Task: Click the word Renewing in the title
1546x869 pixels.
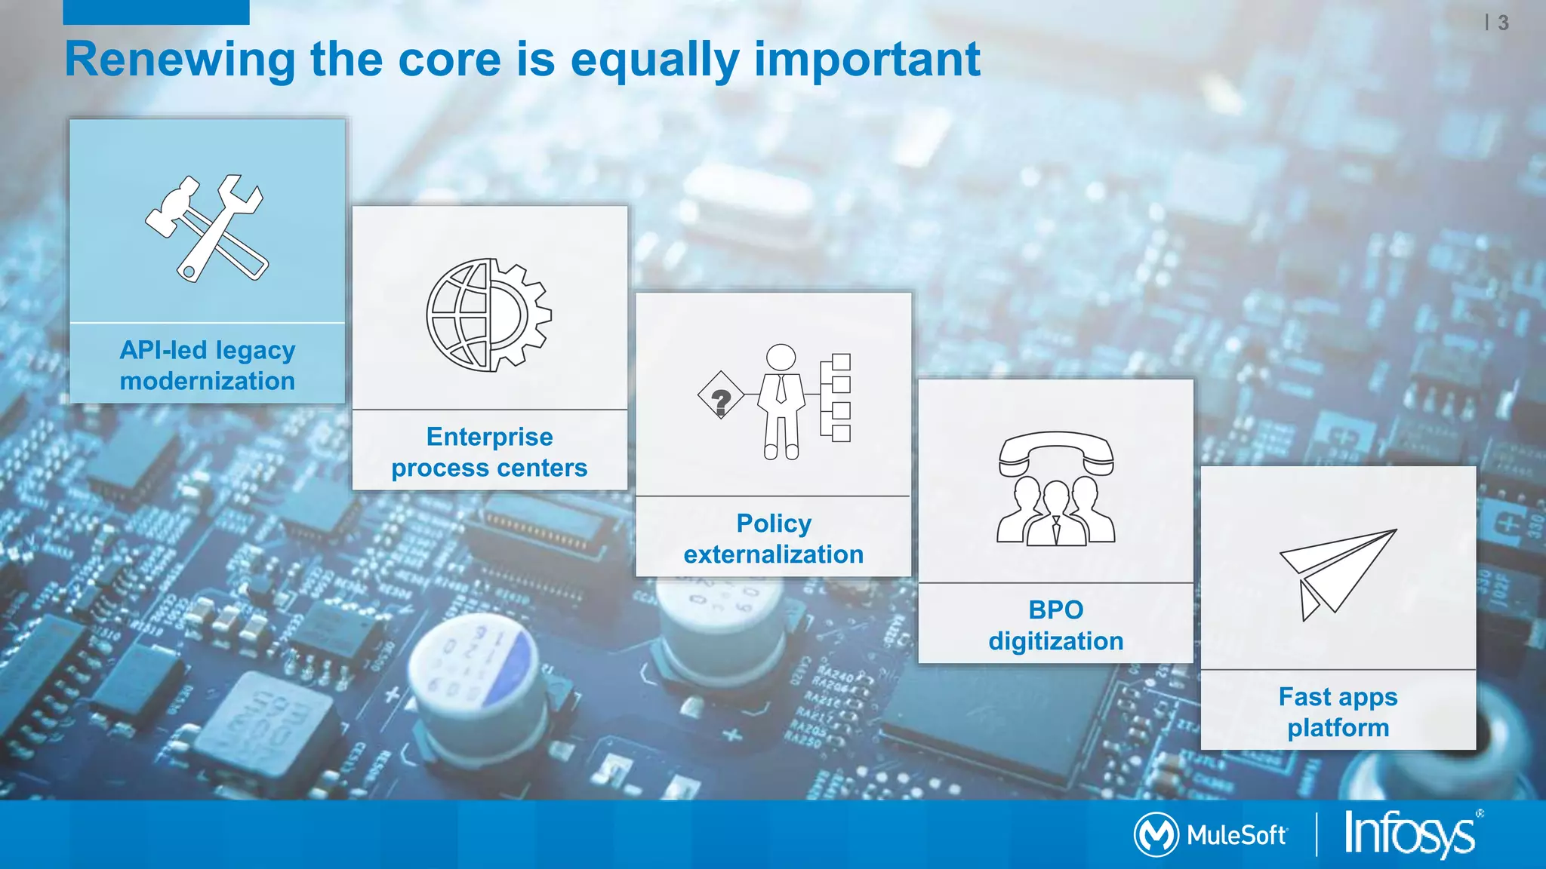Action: point(180,60)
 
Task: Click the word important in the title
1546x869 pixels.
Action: point(867,60)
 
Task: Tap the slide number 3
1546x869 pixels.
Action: point(1503,23)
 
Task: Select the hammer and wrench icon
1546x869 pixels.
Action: point(206,228)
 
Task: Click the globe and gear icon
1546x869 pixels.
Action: point(488,315)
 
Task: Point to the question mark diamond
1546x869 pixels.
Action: point(721,395)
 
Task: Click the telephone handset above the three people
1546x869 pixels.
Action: point(1055,452)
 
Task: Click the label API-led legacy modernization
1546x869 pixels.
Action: point(208,365)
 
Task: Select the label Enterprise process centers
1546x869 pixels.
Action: point(489,452)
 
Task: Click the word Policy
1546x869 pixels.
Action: point(774,523)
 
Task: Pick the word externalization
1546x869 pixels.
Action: point(774,554)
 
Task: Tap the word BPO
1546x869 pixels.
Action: point(1055,610)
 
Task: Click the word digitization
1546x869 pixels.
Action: point(1055,641)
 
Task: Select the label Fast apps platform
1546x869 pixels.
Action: point(1338,711)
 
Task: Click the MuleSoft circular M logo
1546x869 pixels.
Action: point(1155,834)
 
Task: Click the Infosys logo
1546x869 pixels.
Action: point(1410,834)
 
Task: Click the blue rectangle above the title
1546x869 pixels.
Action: point(156,12)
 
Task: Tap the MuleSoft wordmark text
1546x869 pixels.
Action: point(1236,835)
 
